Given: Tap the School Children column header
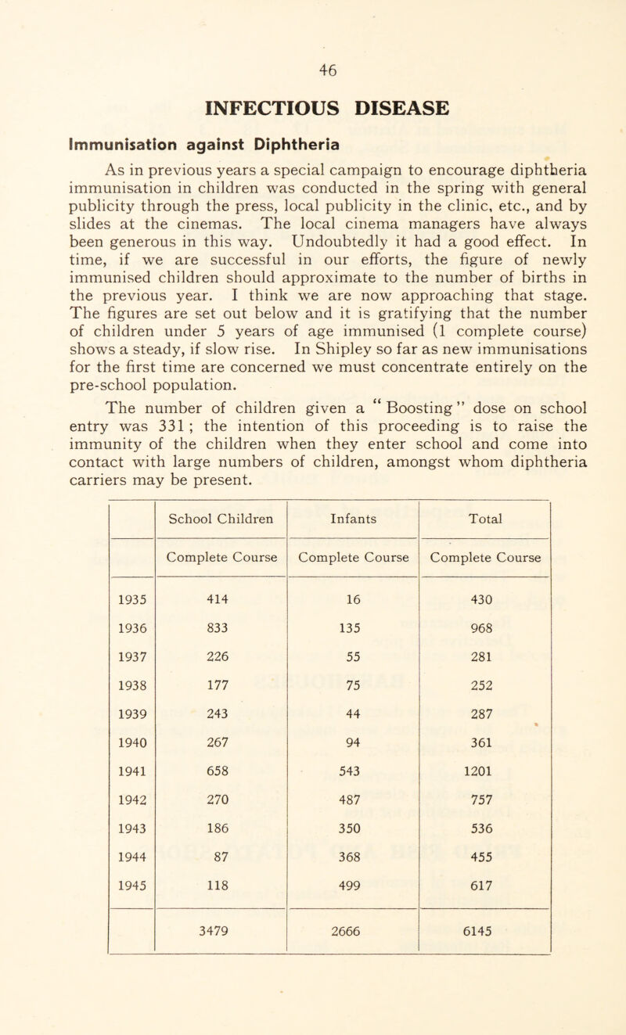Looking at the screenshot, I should (222, 516).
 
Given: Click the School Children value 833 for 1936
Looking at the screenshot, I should (222, 635).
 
